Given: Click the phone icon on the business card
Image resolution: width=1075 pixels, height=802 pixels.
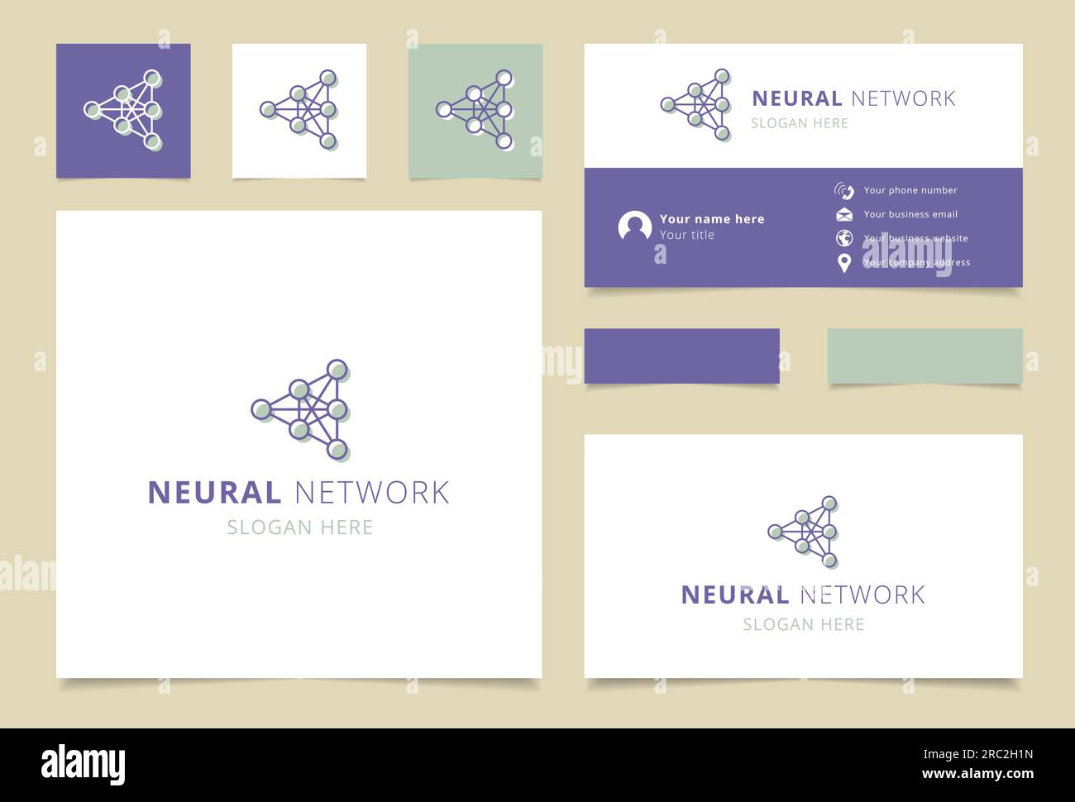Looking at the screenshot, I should [x=843, y=191].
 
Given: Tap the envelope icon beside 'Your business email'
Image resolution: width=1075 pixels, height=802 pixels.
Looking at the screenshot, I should [x=843, y=215].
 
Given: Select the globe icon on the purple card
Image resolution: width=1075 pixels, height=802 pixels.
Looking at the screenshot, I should [x=843, y=238].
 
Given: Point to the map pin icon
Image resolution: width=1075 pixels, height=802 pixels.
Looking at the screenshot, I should [x=843, y=263].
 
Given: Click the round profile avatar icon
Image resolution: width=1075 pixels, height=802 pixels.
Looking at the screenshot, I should [x=634, y=227].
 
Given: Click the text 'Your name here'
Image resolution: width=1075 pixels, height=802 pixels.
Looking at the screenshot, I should [x=712, y=219].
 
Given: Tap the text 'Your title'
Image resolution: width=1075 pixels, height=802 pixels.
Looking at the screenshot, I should [x=686, y=235].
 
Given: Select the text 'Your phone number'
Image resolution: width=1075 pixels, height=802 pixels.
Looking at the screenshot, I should [x=910, y=190].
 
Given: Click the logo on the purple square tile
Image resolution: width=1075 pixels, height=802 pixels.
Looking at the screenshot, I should [x=124, y=110].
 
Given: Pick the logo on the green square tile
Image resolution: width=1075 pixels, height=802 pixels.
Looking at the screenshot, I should [x=475, y=110].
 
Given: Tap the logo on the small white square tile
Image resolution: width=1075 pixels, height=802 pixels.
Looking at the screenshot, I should [x=299, y=110].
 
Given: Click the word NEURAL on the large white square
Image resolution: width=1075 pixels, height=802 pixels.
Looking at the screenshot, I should [x=214, y=493].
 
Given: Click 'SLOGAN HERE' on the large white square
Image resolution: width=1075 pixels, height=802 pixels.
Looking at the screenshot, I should [x=299, y=528].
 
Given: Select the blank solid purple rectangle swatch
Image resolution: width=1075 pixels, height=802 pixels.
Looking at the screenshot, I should [x=681, y=356].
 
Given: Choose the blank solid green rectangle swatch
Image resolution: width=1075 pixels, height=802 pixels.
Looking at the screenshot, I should [x=924, y=356].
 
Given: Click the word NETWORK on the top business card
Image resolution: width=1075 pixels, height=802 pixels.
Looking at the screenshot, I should [x=903, y=98].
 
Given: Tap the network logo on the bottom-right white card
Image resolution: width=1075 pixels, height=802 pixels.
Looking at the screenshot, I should [x=804, y=532].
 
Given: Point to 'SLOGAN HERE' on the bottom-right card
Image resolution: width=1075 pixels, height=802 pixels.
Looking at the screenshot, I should [x=803, y=624].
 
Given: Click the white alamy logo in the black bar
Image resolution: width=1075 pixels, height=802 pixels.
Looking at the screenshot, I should [x=84, y=765].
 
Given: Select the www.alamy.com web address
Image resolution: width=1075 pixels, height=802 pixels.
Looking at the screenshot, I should [x=977, y=775].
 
